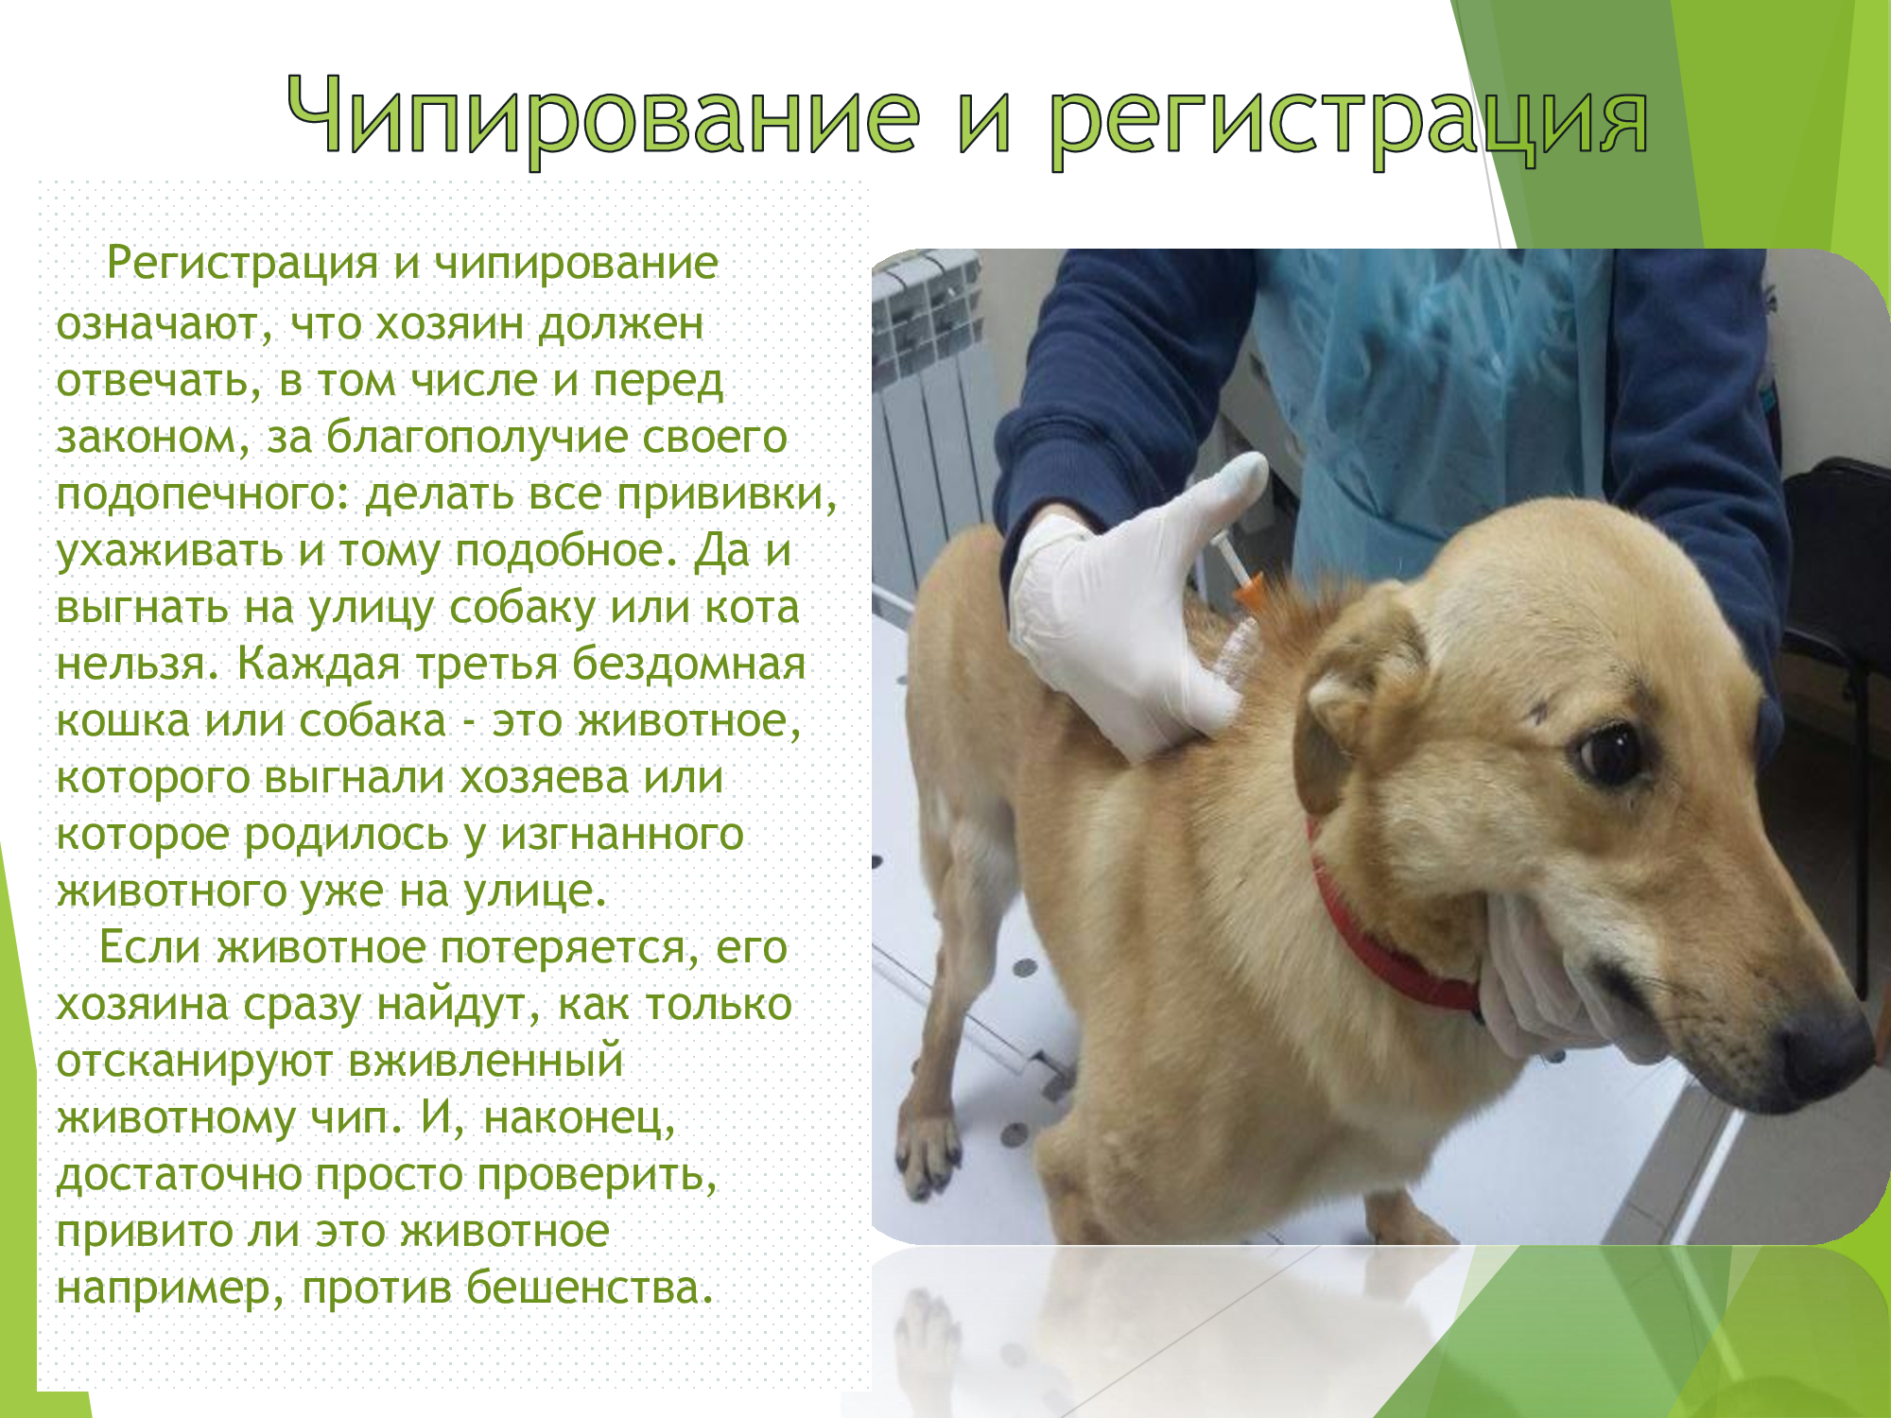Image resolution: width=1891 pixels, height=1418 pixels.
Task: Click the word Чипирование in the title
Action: point(603,117)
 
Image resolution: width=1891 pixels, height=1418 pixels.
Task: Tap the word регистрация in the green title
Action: point(1350,122)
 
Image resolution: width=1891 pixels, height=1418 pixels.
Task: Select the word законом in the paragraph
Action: point(153,438)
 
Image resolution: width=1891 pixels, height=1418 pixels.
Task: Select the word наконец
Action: point(580,1119)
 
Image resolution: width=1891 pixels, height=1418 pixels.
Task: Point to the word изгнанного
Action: point(622,835)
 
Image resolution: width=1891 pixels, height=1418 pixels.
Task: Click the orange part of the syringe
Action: point(1248,593)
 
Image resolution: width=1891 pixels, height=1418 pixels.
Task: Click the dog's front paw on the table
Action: point(931,1153)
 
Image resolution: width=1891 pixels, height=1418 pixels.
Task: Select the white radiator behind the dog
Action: point(927,425)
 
